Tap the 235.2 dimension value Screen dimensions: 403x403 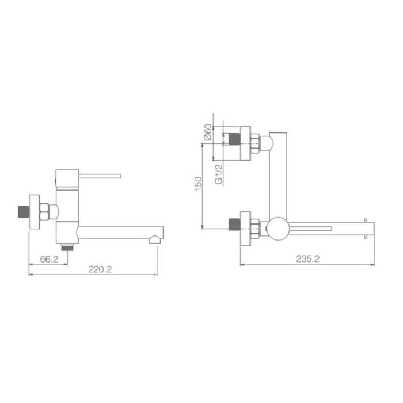pos(308,259)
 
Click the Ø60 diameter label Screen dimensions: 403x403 pos(208,134)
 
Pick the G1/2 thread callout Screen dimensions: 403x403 pos(219,174)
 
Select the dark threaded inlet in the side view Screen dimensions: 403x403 pos(22,212)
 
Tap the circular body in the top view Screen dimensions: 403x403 pos(277,229)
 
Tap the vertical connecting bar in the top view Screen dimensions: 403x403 pos(277,173)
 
